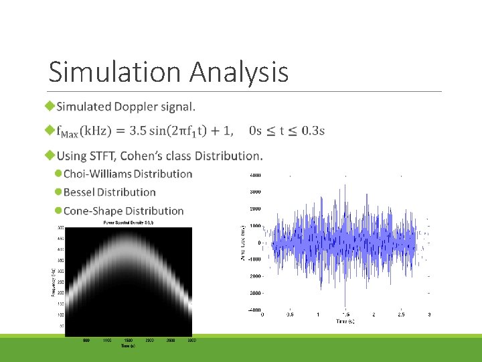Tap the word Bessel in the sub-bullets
coord(81,192)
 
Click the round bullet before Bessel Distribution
coord(58,192)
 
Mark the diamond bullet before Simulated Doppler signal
coord(49,107)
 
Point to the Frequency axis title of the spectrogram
coord(54,282)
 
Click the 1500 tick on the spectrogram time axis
coord(129,341)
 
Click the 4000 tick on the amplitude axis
coord(255,175)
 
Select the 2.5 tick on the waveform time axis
coord(401,314)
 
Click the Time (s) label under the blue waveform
coord(345,322)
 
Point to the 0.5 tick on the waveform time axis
coord(289,314)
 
